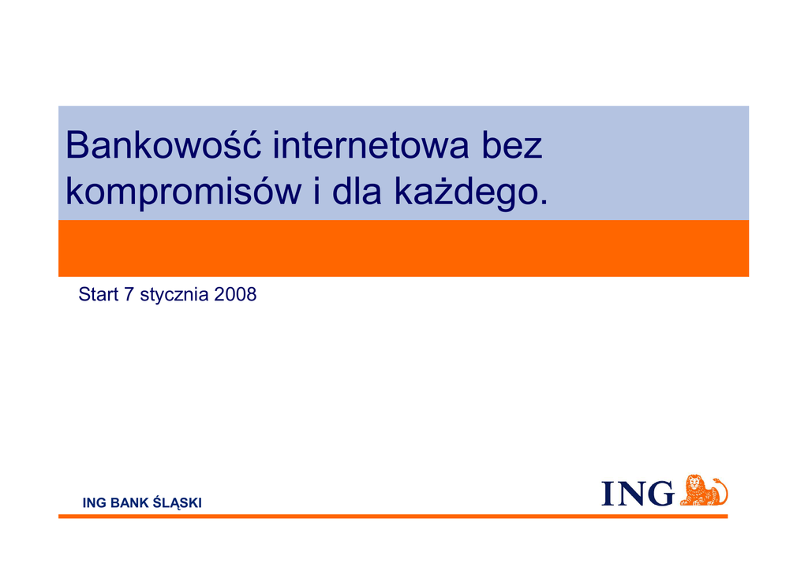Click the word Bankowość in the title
[163, 144]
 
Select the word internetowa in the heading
[371, 145]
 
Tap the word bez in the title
[511, 145]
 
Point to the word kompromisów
[183, 192]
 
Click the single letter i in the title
[316, 191]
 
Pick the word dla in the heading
[357, 191]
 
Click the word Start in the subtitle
[99, 294]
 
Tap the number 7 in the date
[129, 294]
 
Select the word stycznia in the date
[174, 295]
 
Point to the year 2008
[235, 294]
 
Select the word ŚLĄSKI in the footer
[178, 502]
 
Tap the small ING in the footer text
[95, 503]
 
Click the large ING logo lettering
[638, 493]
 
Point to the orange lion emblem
[703, 491]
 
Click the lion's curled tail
[722, 491]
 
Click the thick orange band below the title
[403, 248]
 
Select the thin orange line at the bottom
[393, 516]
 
